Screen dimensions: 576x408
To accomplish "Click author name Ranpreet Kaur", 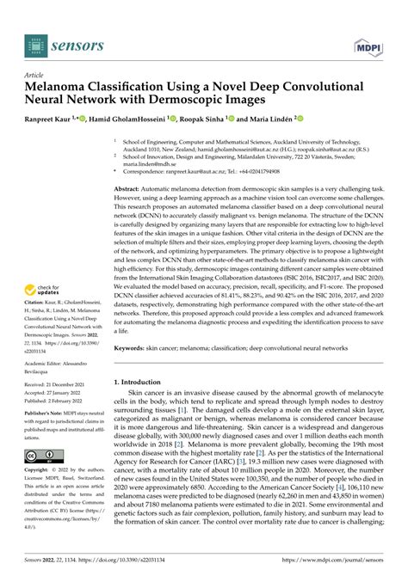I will point(57,119).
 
